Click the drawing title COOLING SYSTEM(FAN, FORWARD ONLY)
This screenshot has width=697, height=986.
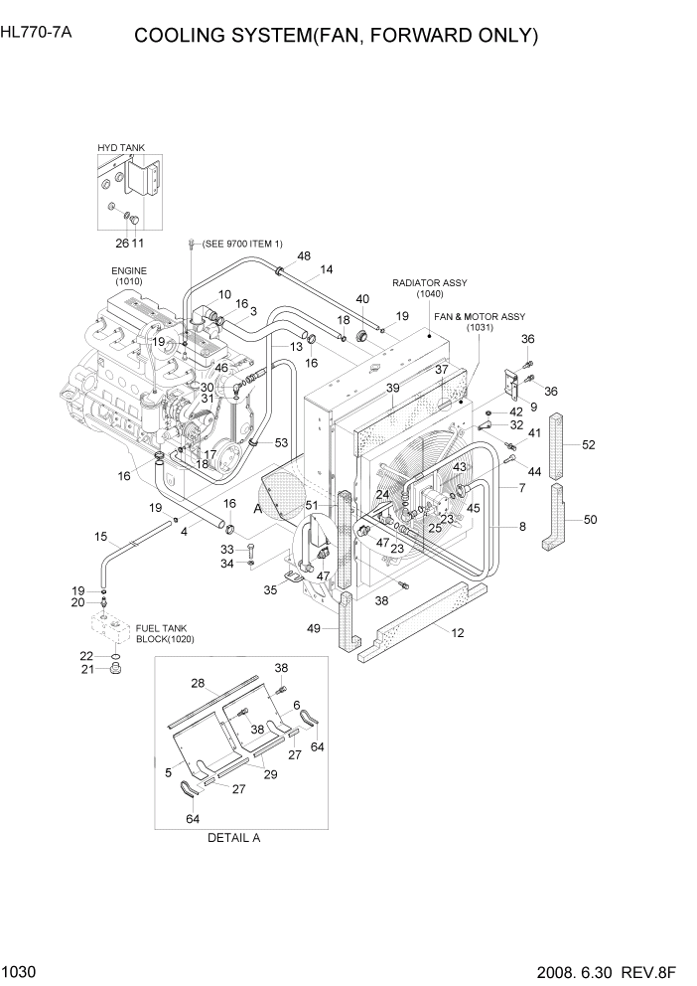(336, 37)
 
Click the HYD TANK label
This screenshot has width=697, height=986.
(120, 148)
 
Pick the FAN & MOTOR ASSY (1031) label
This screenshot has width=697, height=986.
(480, 321)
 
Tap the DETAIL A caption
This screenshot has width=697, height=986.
(233, 837)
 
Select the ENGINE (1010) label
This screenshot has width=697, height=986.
(129, 275)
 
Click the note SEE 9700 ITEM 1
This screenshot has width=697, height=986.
(241, 244)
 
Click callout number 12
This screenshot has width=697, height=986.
(458, 633)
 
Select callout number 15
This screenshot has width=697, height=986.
(100, 537)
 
